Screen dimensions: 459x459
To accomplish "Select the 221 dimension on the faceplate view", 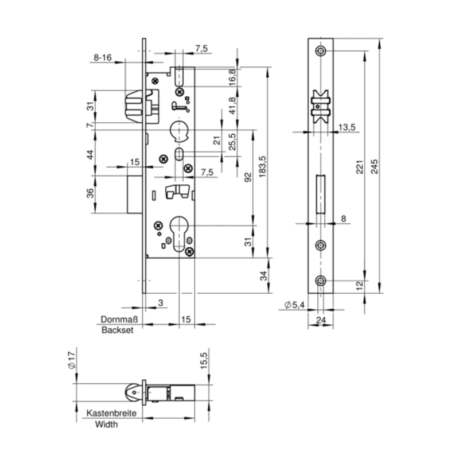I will tap(360, 168).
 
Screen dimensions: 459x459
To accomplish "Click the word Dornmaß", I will tap(118, 320).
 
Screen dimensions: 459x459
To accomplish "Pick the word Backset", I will tap(117, 330).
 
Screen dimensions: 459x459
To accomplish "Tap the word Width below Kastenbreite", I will tap(107, 425).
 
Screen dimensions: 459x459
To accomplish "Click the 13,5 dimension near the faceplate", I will tap(347, 126).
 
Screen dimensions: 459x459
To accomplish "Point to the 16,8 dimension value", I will tap(232, 76).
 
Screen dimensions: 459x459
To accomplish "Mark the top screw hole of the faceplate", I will tap(321, 50).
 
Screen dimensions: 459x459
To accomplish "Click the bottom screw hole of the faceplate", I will tap(321, 281).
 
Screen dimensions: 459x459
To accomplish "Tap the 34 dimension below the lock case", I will tap(263, 276).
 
